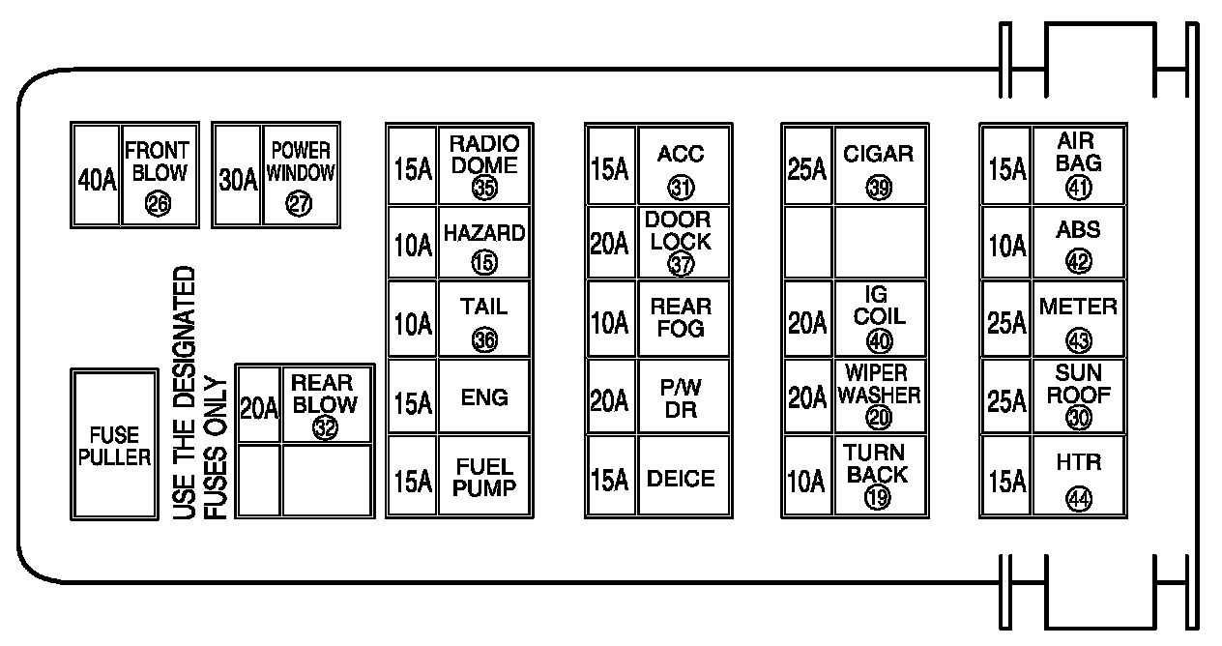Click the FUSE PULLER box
[x=114, y=445]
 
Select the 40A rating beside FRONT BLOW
[x=97, y=179]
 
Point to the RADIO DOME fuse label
[x=483, y=155]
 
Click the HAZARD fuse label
[x=483, y=233]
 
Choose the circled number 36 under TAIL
[x=484, y=338]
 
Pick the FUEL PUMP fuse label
[x=483, y=478]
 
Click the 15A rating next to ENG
[x=413, y=401]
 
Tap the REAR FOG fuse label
[x=681, y=317]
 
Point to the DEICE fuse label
[x=681, y=479]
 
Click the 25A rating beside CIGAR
[x=807, y=169]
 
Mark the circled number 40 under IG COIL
[x=880, y=339]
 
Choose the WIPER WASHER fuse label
[x=879, y=385]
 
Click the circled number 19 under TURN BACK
[x=879, y=497]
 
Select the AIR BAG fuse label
[x=1078, y=153]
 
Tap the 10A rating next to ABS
[x=1006, y=246]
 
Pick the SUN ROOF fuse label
[x=1078, y=384]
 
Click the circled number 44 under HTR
[x=1079, y=498]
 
